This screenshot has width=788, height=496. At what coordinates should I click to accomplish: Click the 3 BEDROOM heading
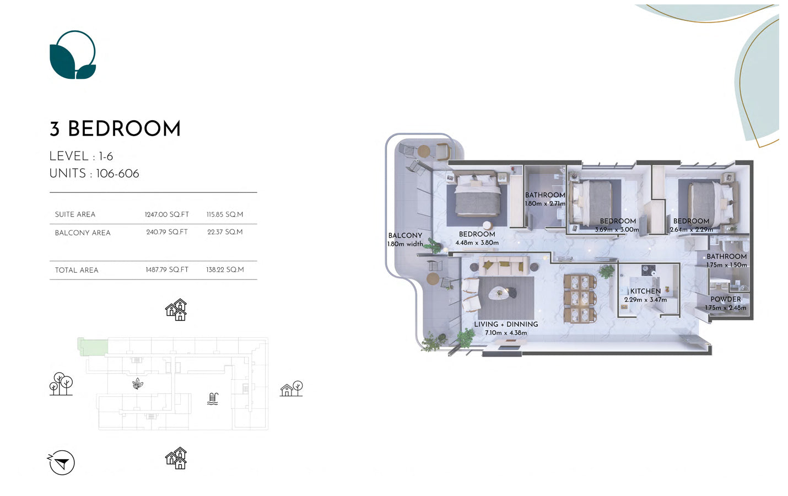[x=115, y=129]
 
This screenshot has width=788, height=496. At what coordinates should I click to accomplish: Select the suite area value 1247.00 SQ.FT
[x=167, y=214]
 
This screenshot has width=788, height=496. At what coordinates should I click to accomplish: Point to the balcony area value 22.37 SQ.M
[x=225, y=232]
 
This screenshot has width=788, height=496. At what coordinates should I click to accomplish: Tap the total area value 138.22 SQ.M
[x=225, y=270]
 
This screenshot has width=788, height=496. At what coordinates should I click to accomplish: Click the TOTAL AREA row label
[x=77, y=270]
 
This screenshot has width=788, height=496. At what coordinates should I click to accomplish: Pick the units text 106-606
[x=117, y=174]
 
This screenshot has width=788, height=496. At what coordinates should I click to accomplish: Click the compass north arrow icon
[x=61, y=462]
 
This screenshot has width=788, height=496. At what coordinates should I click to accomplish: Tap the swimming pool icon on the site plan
[x=213, y=399]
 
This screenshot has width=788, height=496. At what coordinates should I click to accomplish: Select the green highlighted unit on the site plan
[x=93, y=347]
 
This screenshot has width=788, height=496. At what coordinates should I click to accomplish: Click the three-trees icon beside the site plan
[x=61, y=384]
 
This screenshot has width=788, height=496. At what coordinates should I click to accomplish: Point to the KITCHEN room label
[x=645, y=292]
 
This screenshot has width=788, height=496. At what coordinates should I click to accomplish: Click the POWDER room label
[x=725, y=299]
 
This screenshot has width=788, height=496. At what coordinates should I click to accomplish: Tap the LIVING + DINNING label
[x=506, y=325]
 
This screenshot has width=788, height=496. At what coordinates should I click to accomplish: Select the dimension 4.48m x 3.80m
[x=477, y=242]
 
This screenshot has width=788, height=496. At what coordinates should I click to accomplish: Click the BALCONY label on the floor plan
[x=405, y=236]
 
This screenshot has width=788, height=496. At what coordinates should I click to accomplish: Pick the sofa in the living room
[x=504, y=266]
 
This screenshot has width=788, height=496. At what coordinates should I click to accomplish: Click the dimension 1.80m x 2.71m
[x=545, y=204]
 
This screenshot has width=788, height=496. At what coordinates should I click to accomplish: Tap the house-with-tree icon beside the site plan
[x=292, y=389]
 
